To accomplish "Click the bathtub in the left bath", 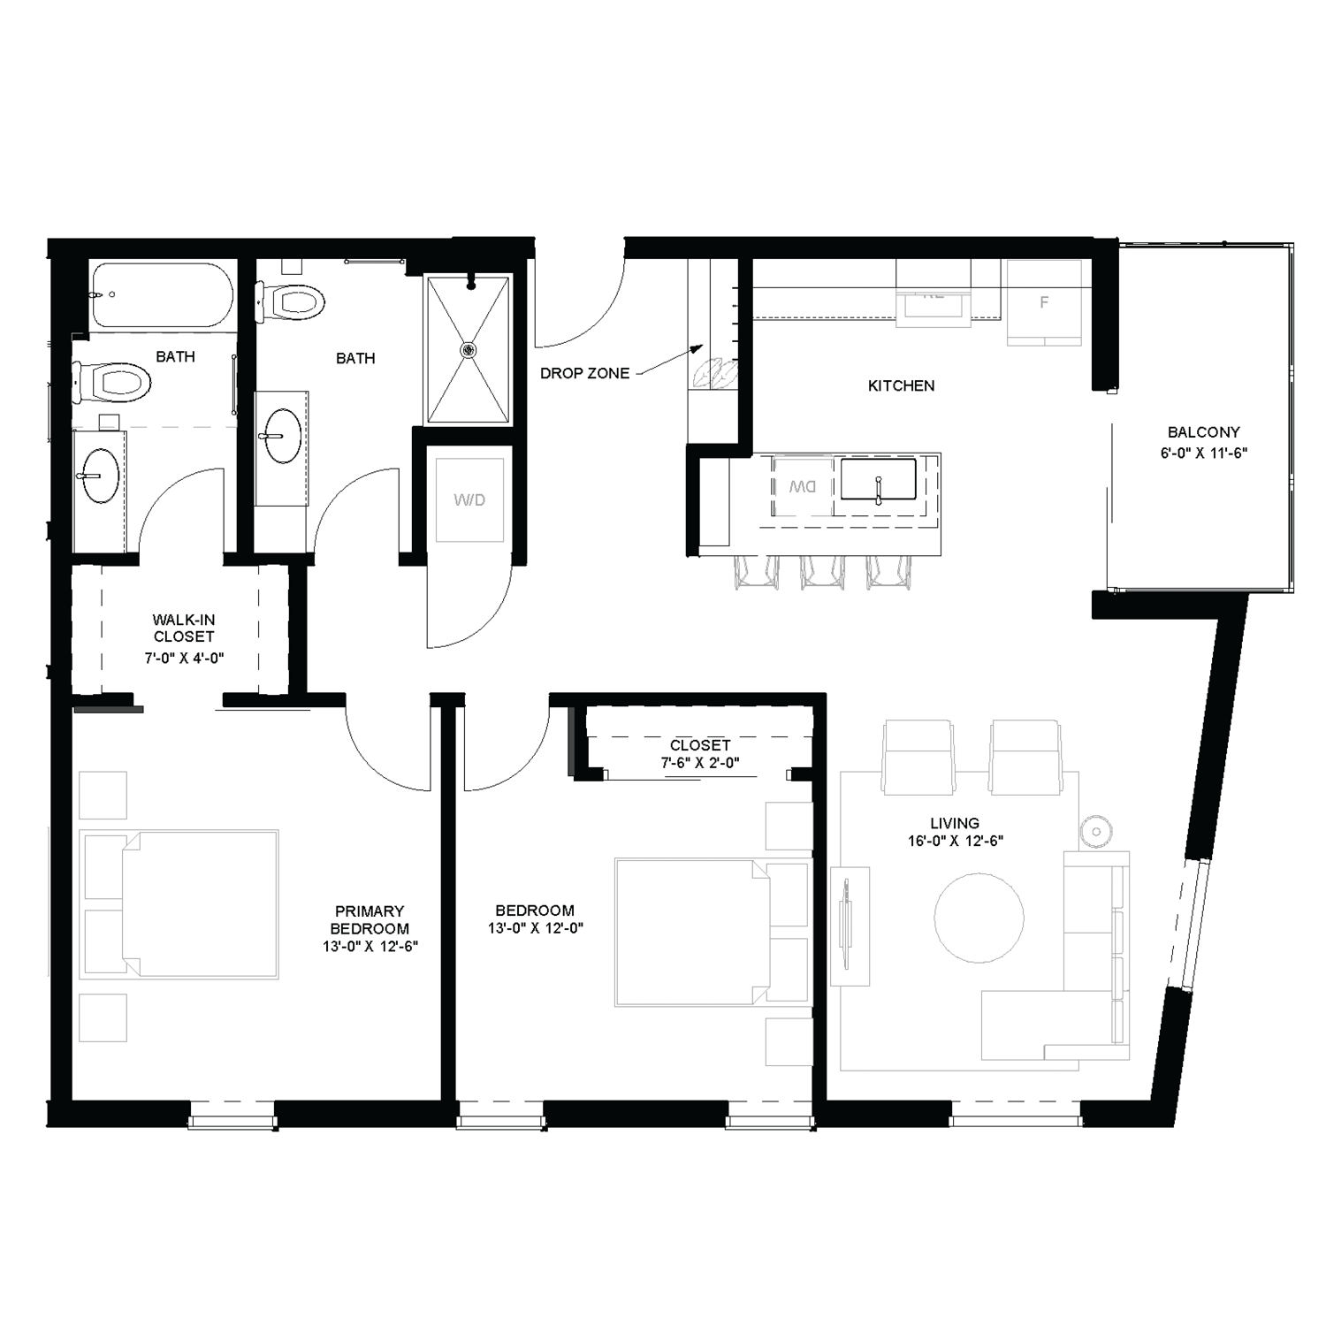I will pyautogui.click(x=162, y=295).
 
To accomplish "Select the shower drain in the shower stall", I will pyautogui.click(x=468, y=349).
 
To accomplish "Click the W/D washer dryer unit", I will pyautogui.click(x=469, y=499).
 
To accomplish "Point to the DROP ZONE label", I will pyautogui.click(x=584, y=373).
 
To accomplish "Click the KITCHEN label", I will pyautogui.click(x=901, y=385).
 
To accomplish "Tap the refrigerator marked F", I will pyautogui.click(x=1044, y=302).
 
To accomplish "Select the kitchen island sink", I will pyautogui.click(x=878, y=480).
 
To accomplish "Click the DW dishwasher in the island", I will pyautogui.click(x=802, y=487).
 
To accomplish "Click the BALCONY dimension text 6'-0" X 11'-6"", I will pyautogui.click(x=1203, y=453).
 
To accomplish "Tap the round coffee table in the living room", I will pyautogui.click(x=979, y=918).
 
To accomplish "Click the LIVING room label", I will pyautogui.click(x=955, y=823).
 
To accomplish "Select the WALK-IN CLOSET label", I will pyautogui.click(x=184, y=628).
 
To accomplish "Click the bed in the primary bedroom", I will pyautogui.click(x=180, y=903).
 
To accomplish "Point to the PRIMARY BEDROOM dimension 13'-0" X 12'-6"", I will pyautogui.click(x=370, y=946).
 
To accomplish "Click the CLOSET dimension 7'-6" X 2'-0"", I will pyautogui.click(x=699, y=762).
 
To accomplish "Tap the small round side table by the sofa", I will pyautogui.click(x=1095, y=831).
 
